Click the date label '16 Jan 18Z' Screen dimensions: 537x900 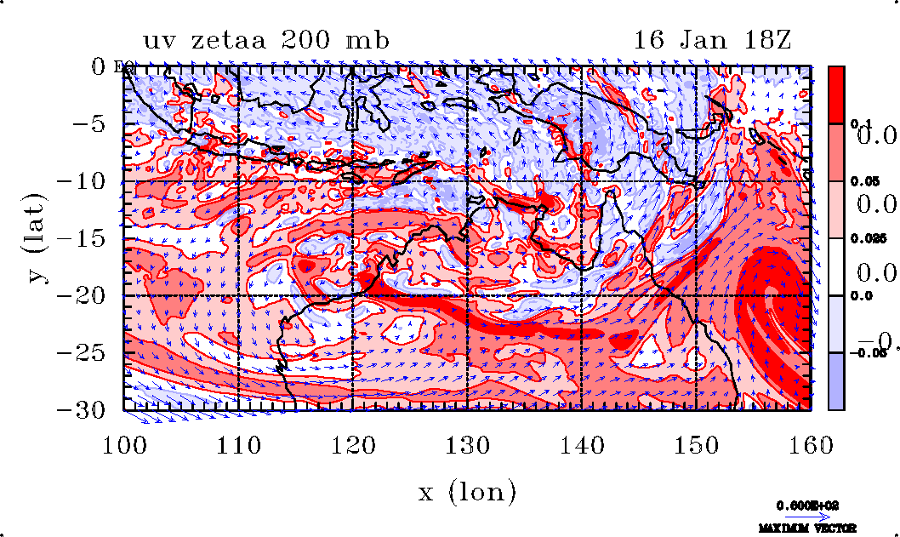(713, 41)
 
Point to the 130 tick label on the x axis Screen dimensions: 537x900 (468, 444)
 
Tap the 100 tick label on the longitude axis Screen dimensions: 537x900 (124, 444)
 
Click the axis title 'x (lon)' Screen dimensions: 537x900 (467, 491)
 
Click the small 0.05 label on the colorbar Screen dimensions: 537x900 (863, 182)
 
